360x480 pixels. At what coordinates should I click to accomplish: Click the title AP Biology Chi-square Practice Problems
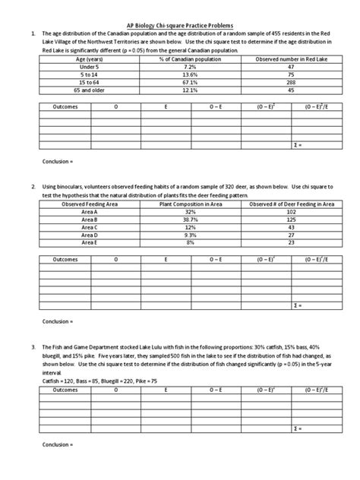point(180,24)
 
